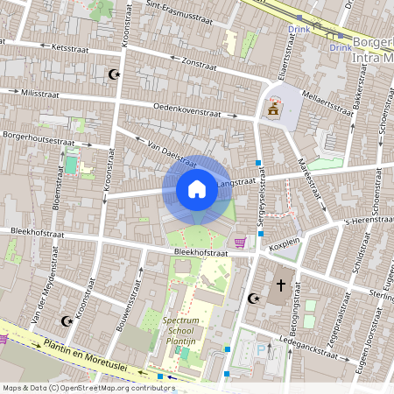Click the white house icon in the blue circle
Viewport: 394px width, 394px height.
click(197, 189)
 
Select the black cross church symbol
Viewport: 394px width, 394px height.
click(282, 285)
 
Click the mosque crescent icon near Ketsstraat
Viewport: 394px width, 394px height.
click(111, 75)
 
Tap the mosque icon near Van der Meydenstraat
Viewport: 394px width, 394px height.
click(64, 320)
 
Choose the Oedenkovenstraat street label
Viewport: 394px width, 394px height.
click(186, 112)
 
